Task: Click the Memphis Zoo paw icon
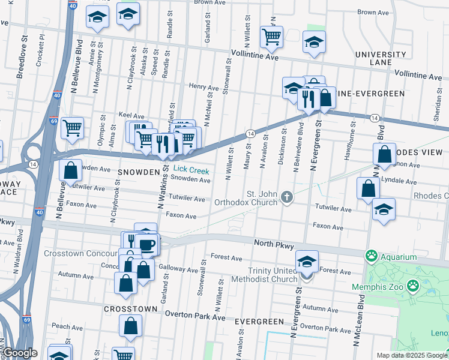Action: point(414,285)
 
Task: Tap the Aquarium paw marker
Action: point(372,257)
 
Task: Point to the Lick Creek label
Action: point(191,171)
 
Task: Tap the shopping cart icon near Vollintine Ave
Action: point(271,37)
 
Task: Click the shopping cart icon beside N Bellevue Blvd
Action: point(72,127)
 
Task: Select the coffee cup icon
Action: point(146,244)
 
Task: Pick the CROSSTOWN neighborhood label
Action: point(130,308)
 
